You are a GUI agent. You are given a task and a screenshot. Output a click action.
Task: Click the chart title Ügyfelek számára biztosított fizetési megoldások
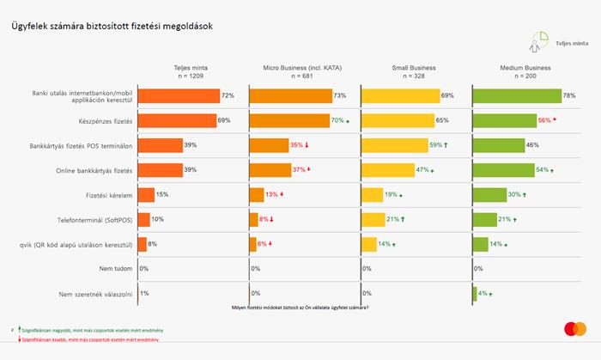(x=112, y=27)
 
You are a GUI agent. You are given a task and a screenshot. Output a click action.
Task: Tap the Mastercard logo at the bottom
(x=575, y=329)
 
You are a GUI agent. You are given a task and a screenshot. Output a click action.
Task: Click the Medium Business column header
(x=526, y=67)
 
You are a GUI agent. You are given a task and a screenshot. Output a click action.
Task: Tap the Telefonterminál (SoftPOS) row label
(x=96, y=220)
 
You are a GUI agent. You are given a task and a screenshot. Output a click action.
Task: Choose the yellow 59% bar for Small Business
(x=394, y=145)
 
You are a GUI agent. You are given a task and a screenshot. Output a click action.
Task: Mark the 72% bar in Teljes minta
(x=179, y=96)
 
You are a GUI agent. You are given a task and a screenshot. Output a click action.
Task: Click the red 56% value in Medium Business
(x=543, y=121)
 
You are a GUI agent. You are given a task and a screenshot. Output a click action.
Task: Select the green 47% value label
(x=422, y=171)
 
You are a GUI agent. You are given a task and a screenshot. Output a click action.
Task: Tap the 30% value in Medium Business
(x=514, y=195)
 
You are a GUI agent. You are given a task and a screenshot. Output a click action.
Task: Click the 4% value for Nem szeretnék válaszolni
(x=483, y=294)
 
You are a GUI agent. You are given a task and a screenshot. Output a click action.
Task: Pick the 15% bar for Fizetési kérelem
(x=146, y=195)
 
